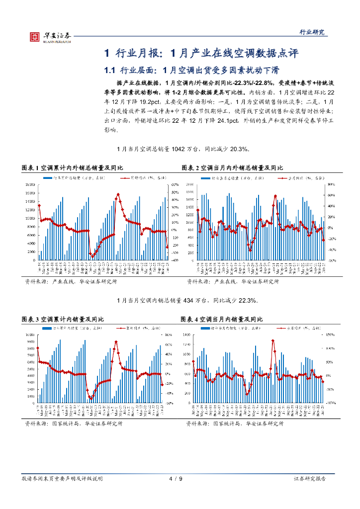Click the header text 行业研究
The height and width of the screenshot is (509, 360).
coord(314,32)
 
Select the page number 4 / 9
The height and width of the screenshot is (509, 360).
coord(176,479)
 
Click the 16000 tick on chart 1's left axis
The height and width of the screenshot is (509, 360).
coord(30,184)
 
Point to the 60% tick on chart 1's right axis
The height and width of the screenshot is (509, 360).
coord(175,184)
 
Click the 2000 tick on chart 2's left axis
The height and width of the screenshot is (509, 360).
coord(189,184)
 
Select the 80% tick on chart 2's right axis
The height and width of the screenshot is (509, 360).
coord(332,184)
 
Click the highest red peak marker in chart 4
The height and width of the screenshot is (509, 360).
coord(273,340)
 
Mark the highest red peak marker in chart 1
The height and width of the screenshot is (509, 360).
coord(118,194)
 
